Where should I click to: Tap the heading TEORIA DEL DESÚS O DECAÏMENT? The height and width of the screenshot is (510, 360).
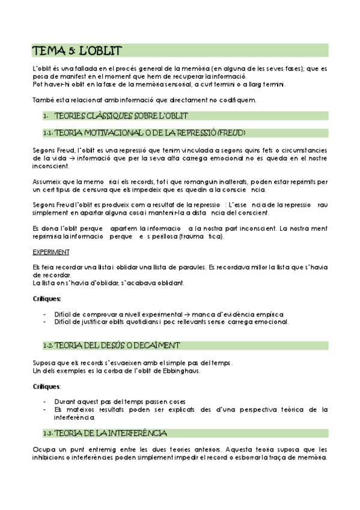(x=118, y=345)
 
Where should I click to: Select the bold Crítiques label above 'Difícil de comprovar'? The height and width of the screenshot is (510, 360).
(x=47, y=298)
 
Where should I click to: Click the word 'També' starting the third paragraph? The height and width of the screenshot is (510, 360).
(x=43, y=100)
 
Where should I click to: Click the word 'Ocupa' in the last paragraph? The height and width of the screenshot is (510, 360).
(x=42, y=449)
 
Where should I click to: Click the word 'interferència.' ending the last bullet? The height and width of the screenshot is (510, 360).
(x=75, y=417)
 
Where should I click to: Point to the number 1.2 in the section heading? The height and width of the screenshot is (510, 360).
(x=49, y=346)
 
